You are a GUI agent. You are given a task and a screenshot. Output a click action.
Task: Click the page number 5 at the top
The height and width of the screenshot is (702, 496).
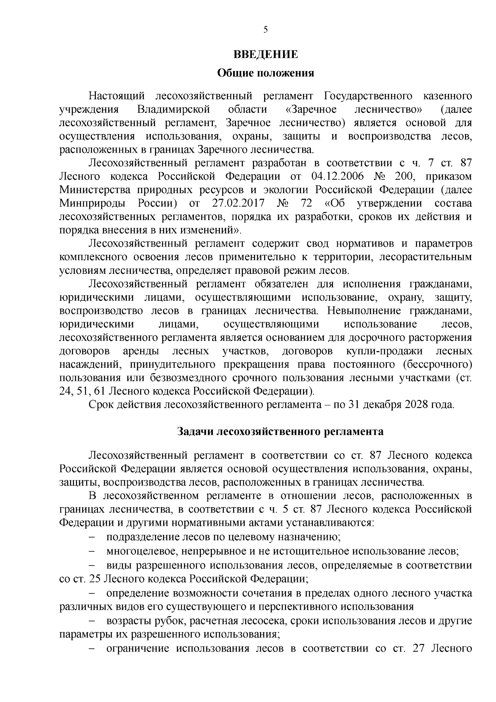click(265, 29)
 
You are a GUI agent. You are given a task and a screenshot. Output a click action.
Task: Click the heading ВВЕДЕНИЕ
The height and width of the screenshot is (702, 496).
click(265, 55)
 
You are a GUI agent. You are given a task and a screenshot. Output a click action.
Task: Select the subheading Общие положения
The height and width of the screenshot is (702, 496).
click(265, 74)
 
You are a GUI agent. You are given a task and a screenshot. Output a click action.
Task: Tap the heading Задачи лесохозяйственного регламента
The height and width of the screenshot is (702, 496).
click(280, 431)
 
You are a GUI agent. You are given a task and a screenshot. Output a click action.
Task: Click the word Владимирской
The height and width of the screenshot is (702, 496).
click(174, 110)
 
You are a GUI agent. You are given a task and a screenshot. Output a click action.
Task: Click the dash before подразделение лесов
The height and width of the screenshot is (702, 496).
click(92, 537)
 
